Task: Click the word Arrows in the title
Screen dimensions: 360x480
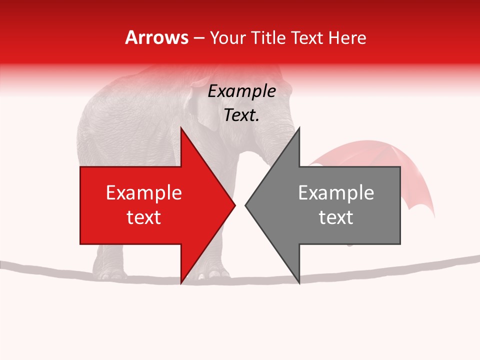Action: pyautogui.click(x=157, y=37)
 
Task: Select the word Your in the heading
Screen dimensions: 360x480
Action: pyautogui.click(x=228, y=37)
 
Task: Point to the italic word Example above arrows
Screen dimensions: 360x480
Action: pyautogui.click(x=242, y=91)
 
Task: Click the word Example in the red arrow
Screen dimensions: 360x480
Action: pyautogui.click(x=144, y=193)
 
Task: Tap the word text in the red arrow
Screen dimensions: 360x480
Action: pyautogui.click(x=144, y=217)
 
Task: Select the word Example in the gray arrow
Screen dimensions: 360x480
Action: pyautogui.click(x=336, y=193)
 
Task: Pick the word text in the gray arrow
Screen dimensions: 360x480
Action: pyautogui.click(x=336, y=217)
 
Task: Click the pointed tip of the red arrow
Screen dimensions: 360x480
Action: pyautogui.click(x=234, y=205)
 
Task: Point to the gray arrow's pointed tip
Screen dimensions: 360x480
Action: pyautogui.click(x=245, y=205)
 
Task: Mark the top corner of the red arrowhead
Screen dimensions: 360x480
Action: pyautogui.click(x=181, y=128)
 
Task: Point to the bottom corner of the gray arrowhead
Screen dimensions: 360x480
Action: pyautogui.click(x=299, y=282)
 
